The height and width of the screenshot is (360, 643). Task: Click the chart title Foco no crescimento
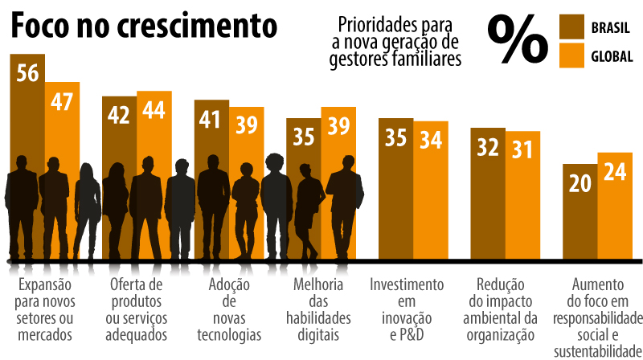click(143, 26)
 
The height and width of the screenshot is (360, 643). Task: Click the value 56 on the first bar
click(27, 72)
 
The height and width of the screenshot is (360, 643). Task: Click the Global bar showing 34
click(431, 193)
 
